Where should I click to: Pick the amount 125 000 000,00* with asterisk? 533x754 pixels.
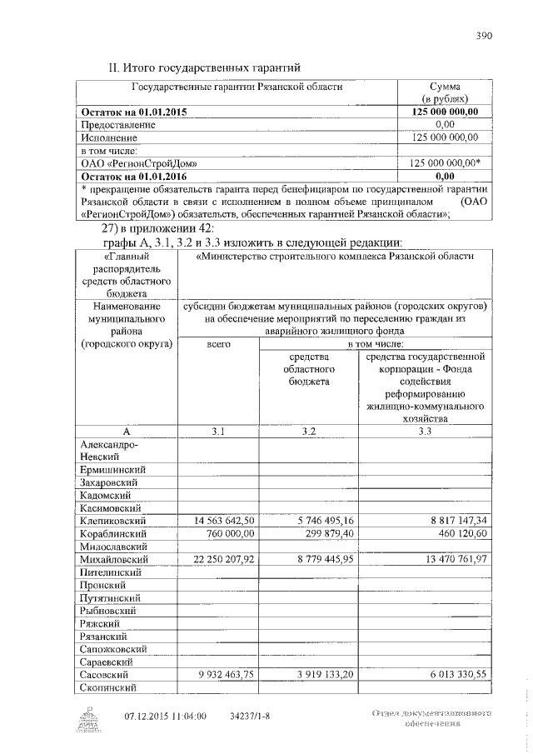tap(446, 163)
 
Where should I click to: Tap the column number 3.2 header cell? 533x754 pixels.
tap(308, 431)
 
